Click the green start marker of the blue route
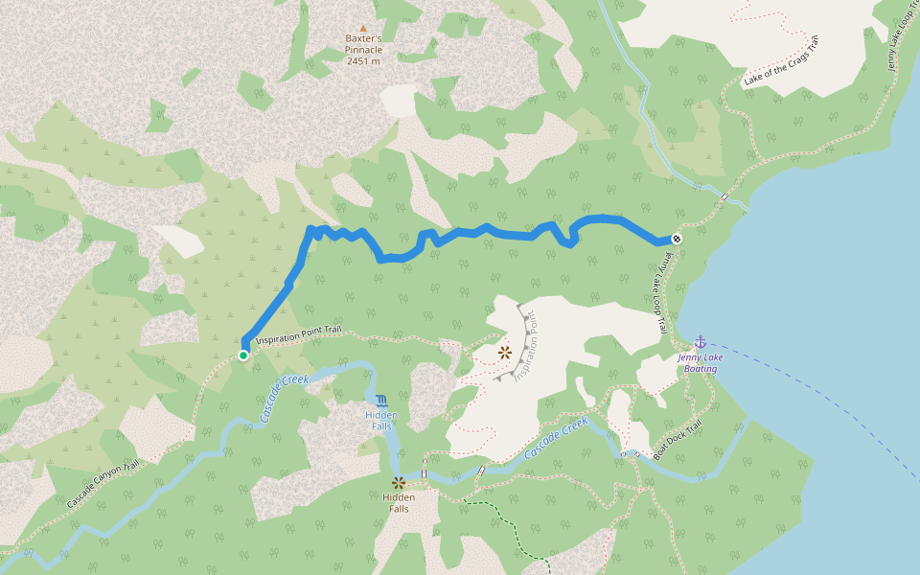(x=243, y=356)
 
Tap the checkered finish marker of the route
(x=677, y=239)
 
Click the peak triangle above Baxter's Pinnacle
(x=362, y=28)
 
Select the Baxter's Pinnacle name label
(x=363, y=44)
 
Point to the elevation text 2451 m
(x=363, y=60)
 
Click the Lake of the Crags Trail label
(x=782, y=62)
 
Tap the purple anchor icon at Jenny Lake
(x=700, y=342)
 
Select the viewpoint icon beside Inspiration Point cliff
(x=504, y=353)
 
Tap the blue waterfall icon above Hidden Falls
(x=381, y=400)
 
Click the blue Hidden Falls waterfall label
(x=380, y=420)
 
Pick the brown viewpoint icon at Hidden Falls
(x=397, y=482)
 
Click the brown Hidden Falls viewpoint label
(x=398, y=503)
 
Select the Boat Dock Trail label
(x=678, y=440)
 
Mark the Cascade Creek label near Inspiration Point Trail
(x=284, y=398)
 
